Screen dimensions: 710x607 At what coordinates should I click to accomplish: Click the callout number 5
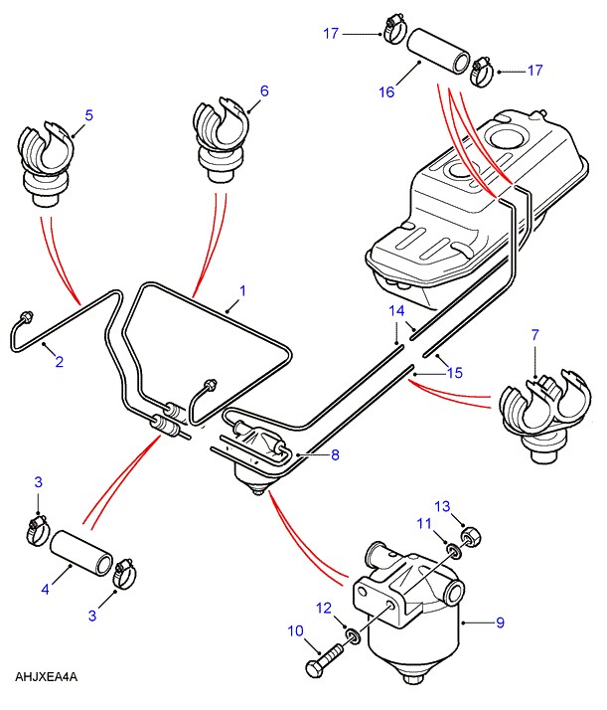(88, 115)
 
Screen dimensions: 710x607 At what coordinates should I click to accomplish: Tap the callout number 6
(264, 90)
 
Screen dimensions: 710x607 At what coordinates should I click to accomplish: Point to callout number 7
(535, 335)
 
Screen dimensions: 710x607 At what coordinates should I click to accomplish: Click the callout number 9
(500, 623)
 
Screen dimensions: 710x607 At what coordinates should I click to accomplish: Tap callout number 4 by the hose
(45, 590)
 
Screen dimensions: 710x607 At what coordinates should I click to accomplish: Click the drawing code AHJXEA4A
(47, 677)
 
